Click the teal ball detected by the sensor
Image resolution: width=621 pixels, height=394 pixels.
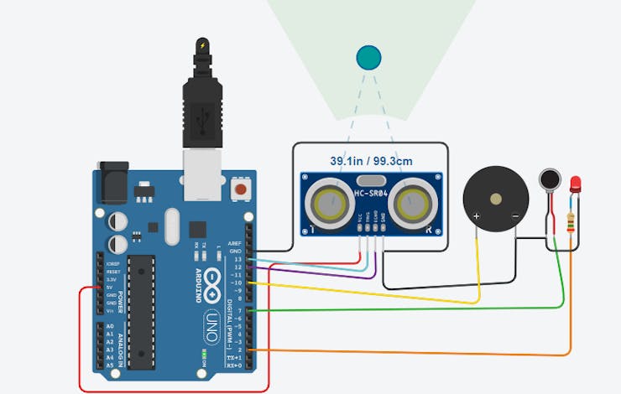coord(368,57)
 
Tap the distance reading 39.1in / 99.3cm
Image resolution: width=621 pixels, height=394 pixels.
coord(370,161)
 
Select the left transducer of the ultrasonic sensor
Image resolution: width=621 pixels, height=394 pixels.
coord(329,202)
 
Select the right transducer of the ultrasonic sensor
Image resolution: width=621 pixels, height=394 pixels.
coord(413,202)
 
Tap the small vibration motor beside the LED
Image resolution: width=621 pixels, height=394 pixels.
coord(550,179)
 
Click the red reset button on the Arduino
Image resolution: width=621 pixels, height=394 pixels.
coord(241,189)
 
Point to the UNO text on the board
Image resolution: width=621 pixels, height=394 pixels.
coord(212,322)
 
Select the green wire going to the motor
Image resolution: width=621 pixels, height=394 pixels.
coord(420,308)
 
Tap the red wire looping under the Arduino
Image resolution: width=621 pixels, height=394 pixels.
coord(168,391)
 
